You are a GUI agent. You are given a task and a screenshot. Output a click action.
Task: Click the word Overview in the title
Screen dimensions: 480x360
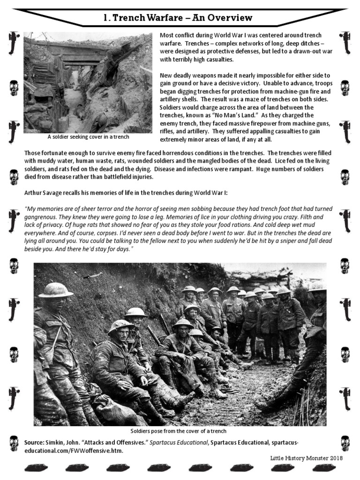point(230,18)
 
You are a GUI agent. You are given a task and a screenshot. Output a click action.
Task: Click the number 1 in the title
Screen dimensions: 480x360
point(105,18)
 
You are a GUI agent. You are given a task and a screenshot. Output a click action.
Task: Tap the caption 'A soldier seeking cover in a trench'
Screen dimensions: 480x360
point(89,137)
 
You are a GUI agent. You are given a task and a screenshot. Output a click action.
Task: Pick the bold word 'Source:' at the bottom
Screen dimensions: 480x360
point(34,443)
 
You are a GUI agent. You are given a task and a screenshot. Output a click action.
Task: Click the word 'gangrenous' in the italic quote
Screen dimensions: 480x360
point(43,218)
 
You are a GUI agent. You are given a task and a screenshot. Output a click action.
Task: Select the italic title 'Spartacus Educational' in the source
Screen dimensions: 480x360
point(179,443)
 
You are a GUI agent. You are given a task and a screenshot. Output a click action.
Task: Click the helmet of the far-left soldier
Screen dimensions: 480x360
point(56,291)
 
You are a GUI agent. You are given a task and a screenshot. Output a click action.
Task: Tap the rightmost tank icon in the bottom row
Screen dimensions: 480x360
point(323,468)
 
